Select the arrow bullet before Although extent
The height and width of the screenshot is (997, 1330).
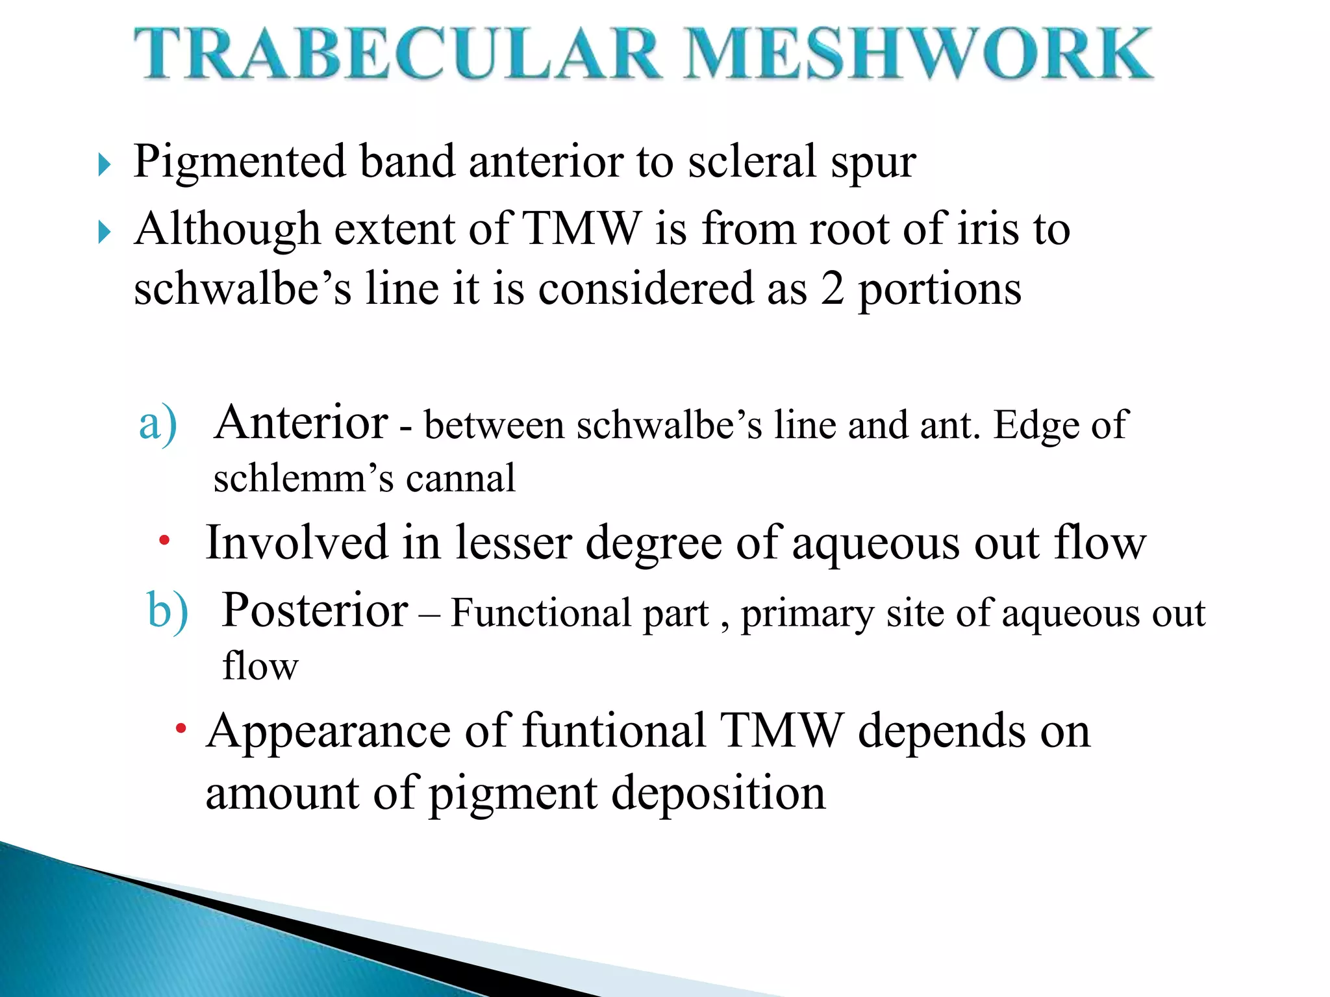(x=105, y=232)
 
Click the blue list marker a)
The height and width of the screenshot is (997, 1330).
(x=158, y=423)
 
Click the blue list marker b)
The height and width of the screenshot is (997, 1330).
(x=168, y=611)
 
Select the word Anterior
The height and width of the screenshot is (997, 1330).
(x=301, y=423)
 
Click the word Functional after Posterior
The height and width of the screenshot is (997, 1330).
(x=540, y=613)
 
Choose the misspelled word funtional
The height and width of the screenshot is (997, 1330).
(x=614, y=731)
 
